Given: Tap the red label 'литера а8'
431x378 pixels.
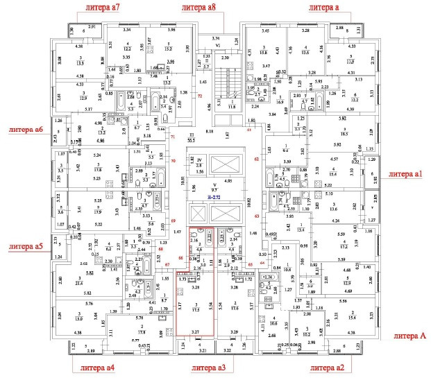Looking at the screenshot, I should pos(200,6).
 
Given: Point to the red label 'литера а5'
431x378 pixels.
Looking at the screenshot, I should pos(26,246).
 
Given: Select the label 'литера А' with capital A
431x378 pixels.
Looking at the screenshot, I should pos(409,336).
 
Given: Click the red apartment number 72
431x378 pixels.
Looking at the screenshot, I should pos(199,96).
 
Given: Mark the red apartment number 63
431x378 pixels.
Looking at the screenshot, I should pos(256,216).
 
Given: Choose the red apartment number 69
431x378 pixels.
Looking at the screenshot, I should pos(174,221).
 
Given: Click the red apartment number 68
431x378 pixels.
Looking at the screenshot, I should pos(160,249).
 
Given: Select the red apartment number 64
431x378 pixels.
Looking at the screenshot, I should pos(262,264).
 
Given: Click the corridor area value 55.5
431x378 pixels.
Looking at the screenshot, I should pos(189,139).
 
